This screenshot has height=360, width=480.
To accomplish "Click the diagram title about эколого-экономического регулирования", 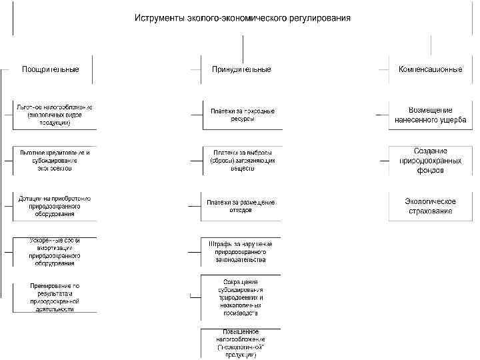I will pos(243,17).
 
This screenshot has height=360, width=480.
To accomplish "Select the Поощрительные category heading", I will pos(51,69).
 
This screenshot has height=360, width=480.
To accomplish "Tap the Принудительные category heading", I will pos(241,69).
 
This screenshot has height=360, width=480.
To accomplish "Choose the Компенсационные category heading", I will pos(430,69).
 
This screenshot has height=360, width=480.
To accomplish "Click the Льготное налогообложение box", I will pos(55,115).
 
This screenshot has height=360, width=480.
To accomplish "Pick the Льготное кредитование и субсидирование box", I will pos(55,161).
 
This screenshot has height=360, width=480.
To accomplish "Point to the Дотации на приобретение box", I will pos(55,206).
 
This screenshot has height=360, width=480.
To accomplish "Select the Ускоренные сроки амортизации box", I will pos(55,252).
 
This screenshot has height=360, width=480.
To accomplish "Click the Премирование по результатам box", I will pos(55,297).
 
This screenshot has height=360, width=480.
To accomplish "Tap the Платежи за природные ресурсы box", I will pos(241,115).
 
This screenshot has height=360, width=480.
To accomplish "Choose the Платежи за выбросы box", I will pos(241,161).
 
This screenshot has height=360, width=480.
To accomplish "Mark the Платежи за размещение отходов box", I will pos(241,206).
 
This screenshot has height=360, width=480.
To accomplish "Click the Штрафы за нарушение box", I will pos(241,252).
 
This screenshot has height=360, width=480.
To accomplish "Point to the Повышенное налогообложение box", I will pos(241,343).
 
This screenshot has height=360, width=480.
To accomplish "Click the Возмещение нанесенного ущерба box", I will pos(431,115).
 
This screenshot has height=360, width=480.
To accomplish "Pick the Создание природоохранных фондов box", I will pos(431,161).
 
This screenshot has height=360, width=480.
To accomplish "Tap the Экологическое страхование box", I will pos(431,206).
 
